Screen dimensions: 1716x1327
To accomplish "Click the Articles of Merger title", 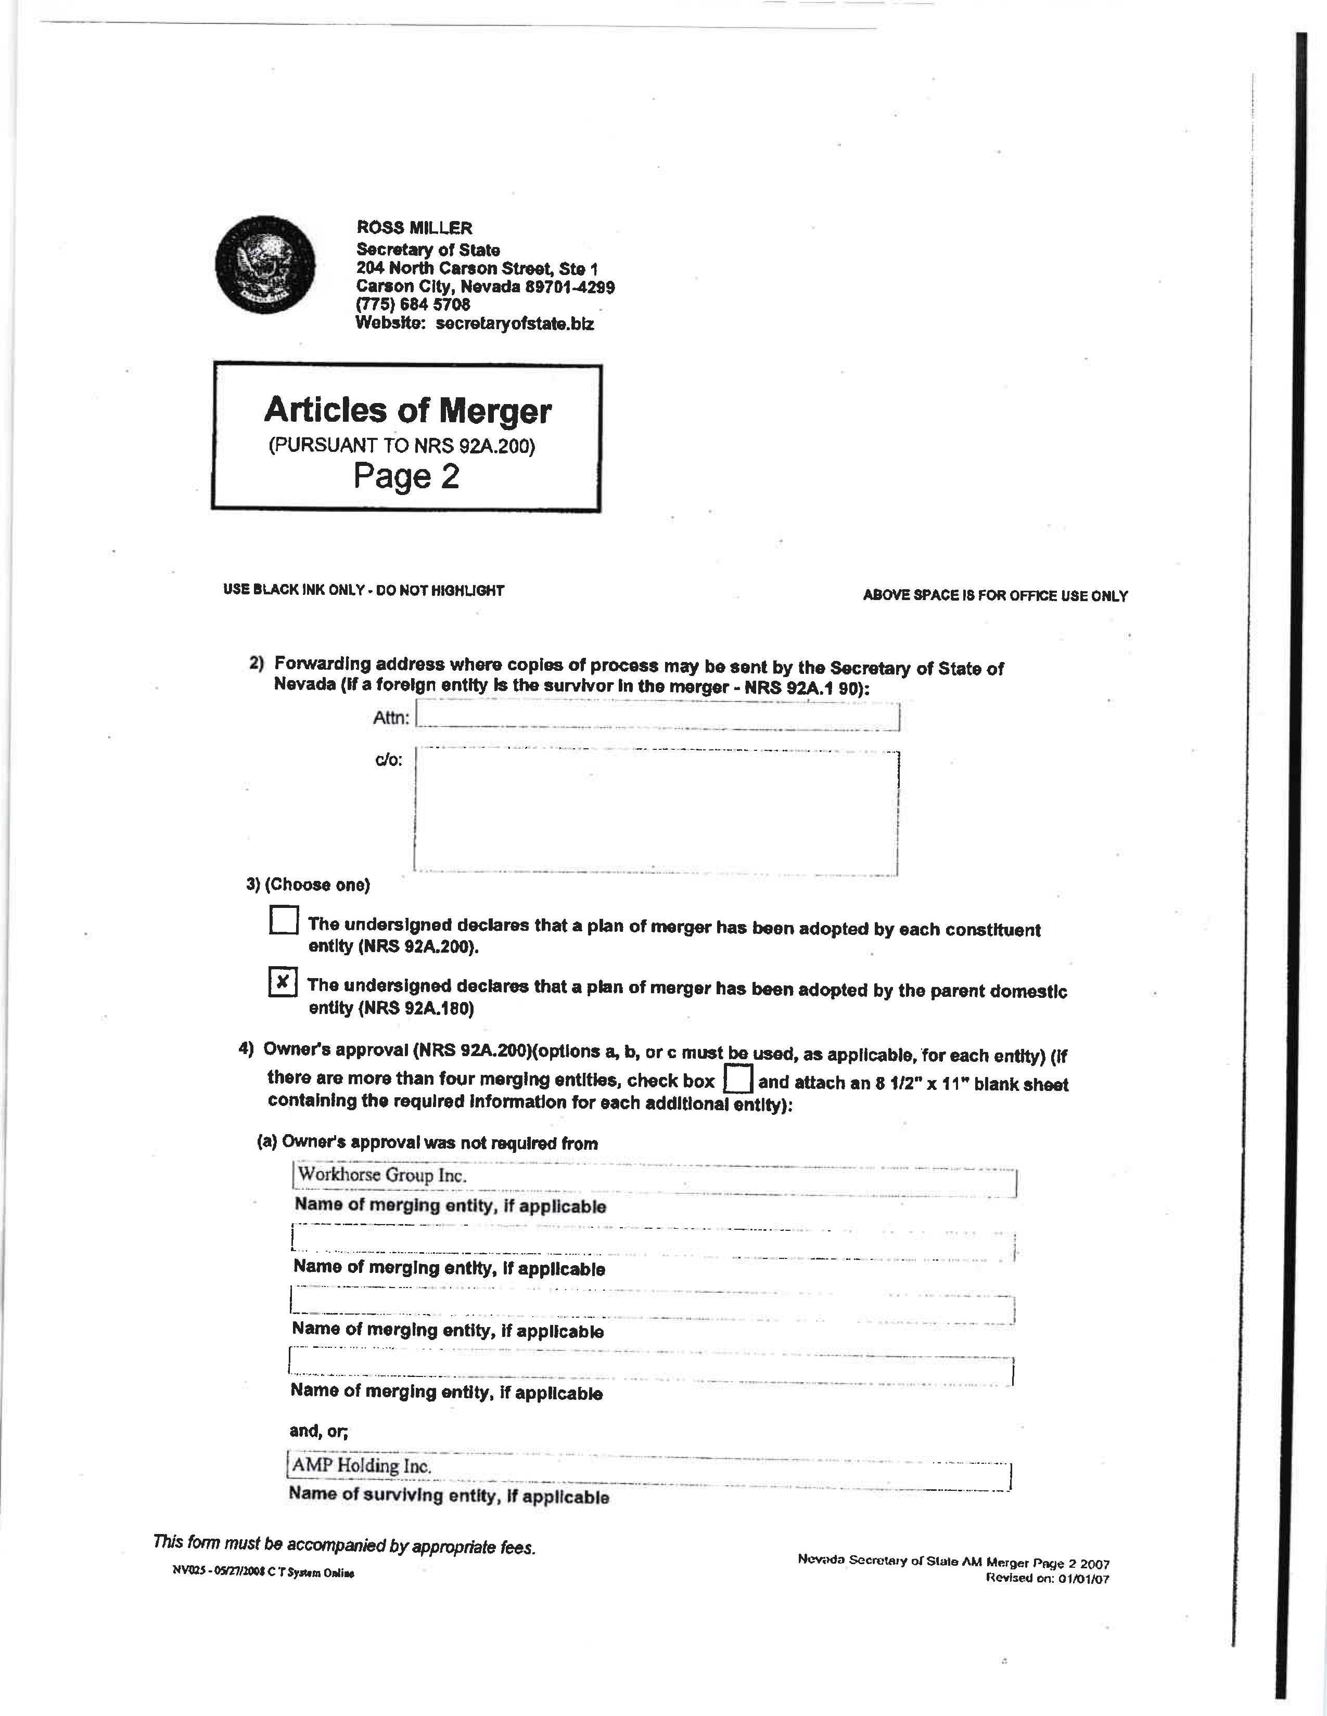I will coord(407,410).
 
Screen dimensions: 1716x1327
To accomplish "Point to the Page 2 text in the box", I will coord(406,476).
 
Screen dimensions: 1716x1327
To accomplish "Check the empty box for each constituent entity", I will coord(283,919).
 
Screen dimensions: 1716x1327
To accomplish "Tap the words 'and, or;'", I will coord(318,1431).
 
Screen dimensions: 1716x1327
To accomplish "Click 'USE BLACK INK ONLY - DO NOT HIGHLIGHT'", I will coord(363,590).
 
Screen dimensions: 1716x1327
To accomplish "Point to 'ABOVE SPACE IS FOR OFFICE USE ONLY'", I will coord(995,595).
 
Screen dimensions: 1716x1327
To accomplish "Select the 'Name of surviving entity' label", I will coord(448,1495).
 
